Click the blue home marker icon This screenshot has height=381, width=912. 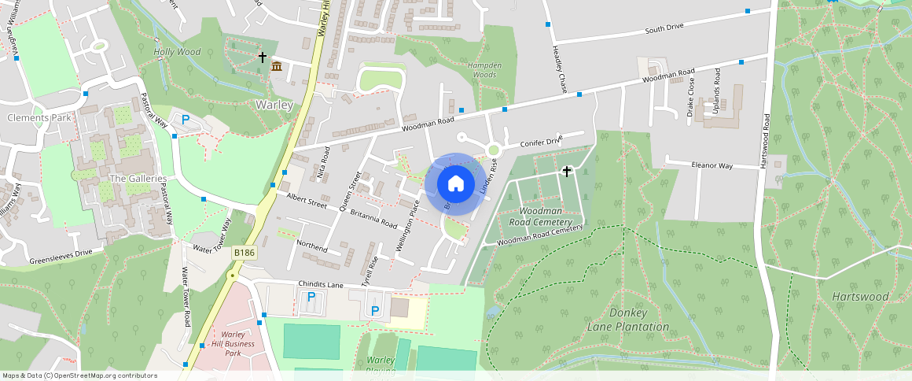tap(455, 184)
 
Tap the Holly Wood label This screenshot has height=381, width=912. tap(177, 52)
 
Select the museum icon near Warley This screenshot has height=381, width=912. tap(277, 67)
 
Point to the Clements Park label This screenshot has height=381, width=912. tap(39, 117)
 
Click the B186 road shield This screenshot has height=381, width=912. tap(244, 253)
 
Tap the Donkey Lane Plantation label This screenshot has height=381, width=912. tap(628, 320)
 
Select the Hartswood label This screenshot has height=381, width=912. tap(860, 297)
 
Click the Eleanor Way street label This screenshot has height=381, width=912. tap(712, 166)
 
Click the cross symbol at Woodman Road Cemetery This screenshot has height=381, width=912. tap(566, 171)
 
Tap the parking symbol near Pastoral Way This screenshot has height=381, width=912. tap(186, 120)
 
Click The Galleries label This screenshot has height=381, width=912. tap(138, 179)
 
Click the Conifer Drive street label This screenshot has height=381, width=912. tap(542, 142)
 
